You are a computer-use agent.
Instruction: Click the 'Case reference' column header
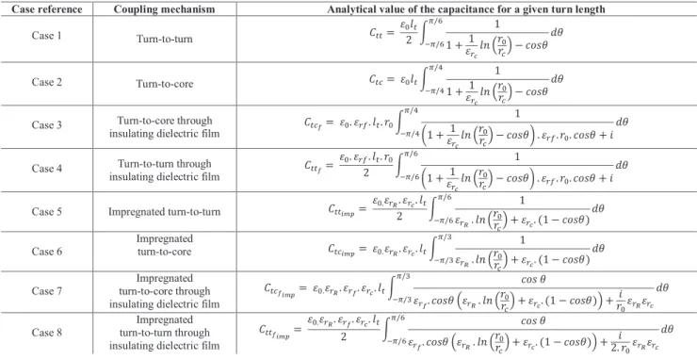pyautogui.click(x=46, y=8)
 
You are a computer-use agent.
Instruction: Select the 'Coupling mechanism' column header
pyautogui.click(x=165, y=8)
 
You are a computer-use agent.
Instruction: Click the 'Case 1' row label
pyautogui.click(x=47, y=36)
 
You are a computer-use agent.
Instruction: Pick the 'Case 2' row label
pyautogui.click(x=47, y=82)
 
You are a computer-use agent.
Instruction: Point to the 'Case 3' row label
pyautogui.click(x=47, y=124)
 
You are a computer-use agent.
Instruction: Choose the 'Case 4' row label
pyautogui.click(x=47, y=168)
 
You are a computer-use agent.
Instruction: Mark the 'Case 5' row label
pyautogui.click(x=47, y=211)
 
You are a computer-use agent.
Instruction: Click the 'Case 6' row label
pyautogui.click(x=47, y=252)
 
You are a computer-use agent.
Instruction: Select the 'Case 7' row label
pyautogui.click(x=47, y=291)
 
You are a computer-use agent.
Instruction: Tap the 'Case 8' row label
pyautogui.click(x=47, y=333)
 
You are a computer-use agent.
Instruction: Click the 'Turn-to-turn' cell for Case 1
pyautogui.click(x=165, y=40)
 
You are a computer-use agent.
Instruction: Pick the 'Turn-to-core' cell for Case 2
pyautogui.click(x=165, y=84)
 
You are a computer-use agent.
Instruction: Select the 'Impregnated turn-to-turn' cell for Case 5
pyautogui.click(x=165, y=212)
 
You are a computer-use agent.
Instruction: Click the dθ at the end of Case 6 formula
pyautogui.click(x=598, y=248)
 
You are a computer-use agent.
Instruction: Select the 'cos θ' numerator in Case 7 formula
pyautogui.click(x=533, y=280)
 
